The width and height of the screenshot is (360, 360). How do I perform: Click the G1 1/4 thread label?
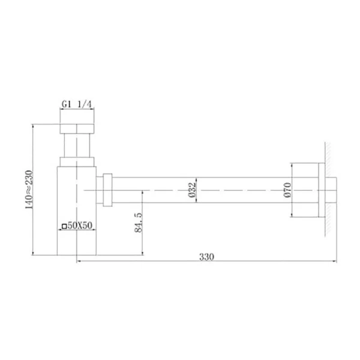click(x=76, y=105)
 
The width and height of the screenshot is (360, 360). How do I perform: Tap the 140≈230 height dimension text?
click(x=25, y=190)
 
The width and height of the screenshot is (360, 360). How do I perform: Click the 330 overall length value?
click(x=206, y=256)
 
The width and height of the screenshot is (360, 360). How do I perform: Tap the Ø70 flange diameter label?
click(x=287, y=190)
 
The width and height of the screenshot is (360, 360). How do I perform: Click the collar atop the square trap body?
click(x=76, y=161)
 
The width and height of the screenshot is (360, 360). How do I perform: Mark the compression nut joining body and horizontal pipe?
click(x=107, y=190)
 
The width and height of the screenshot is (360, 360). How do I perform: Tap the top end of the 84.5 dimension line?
click(x=142, y=190)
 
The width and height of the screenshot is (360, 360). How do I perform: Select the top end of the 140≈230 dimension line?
click(x=32, y=124)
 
